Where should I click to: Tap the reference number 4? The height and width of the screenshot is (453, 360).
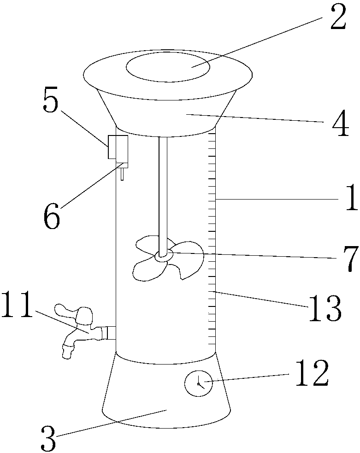tap(340, 124)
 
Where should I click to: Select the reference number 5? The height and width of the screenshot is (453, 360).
tap(50, 100)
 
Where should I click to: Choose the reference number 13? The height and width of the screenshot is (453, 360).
tap(325, 309)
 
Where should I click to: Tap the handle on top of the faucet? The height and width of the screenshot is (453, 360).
tap(74, 313)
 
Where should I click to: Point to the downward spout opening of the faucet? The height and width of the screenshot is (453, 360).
tap(67, 353)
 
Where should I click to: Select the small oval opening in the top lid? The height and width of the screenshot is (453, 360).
tap(168, 67)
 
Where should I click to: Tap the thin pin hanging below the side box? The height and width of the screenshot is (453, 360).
tap(123, 174)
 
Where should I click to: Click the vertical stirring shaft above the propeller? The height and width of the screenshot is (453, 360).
tap(163, 195)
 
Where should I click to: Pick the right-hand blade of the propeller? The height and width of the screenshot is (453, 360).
tap(189, 260)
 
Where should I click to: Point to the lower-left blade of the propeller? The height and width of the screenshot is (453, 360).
tap(147, 269)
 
